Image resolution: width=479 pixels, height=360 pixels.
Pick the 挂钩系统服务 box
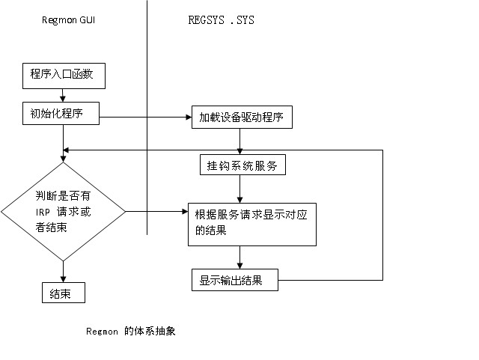point(242,165)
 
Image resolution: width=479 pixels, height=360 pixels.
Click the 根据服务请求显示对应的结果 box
point(251,223)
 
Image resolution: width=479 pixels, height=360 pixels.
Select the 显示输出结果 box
point(234,281)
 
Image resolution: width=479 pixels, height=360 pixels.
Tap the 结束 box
point(63,292)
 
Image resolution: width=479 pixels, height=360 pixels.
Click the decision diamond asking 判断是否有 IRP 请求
point(63,212)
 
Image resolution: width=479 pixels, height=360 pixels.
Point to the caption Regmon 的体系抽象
point(131,330)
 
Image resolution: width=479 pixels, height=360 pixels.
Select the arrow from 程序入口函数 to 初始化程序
point(63,93)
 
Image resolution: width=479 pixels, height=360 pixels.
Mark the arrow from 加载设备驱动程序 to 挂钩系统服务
point(239,141)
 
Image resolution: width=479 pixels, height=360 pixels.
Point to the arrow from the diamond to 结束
point(63,271)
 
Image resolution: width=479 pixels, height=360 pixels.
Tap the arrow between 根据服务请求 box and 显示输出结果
point(239,257)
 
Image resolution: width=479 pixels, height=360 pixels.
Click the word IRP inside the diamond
point(43,212)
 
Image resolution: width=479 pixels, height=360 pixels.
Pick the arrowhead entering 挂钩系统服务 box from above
point(239,152)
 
